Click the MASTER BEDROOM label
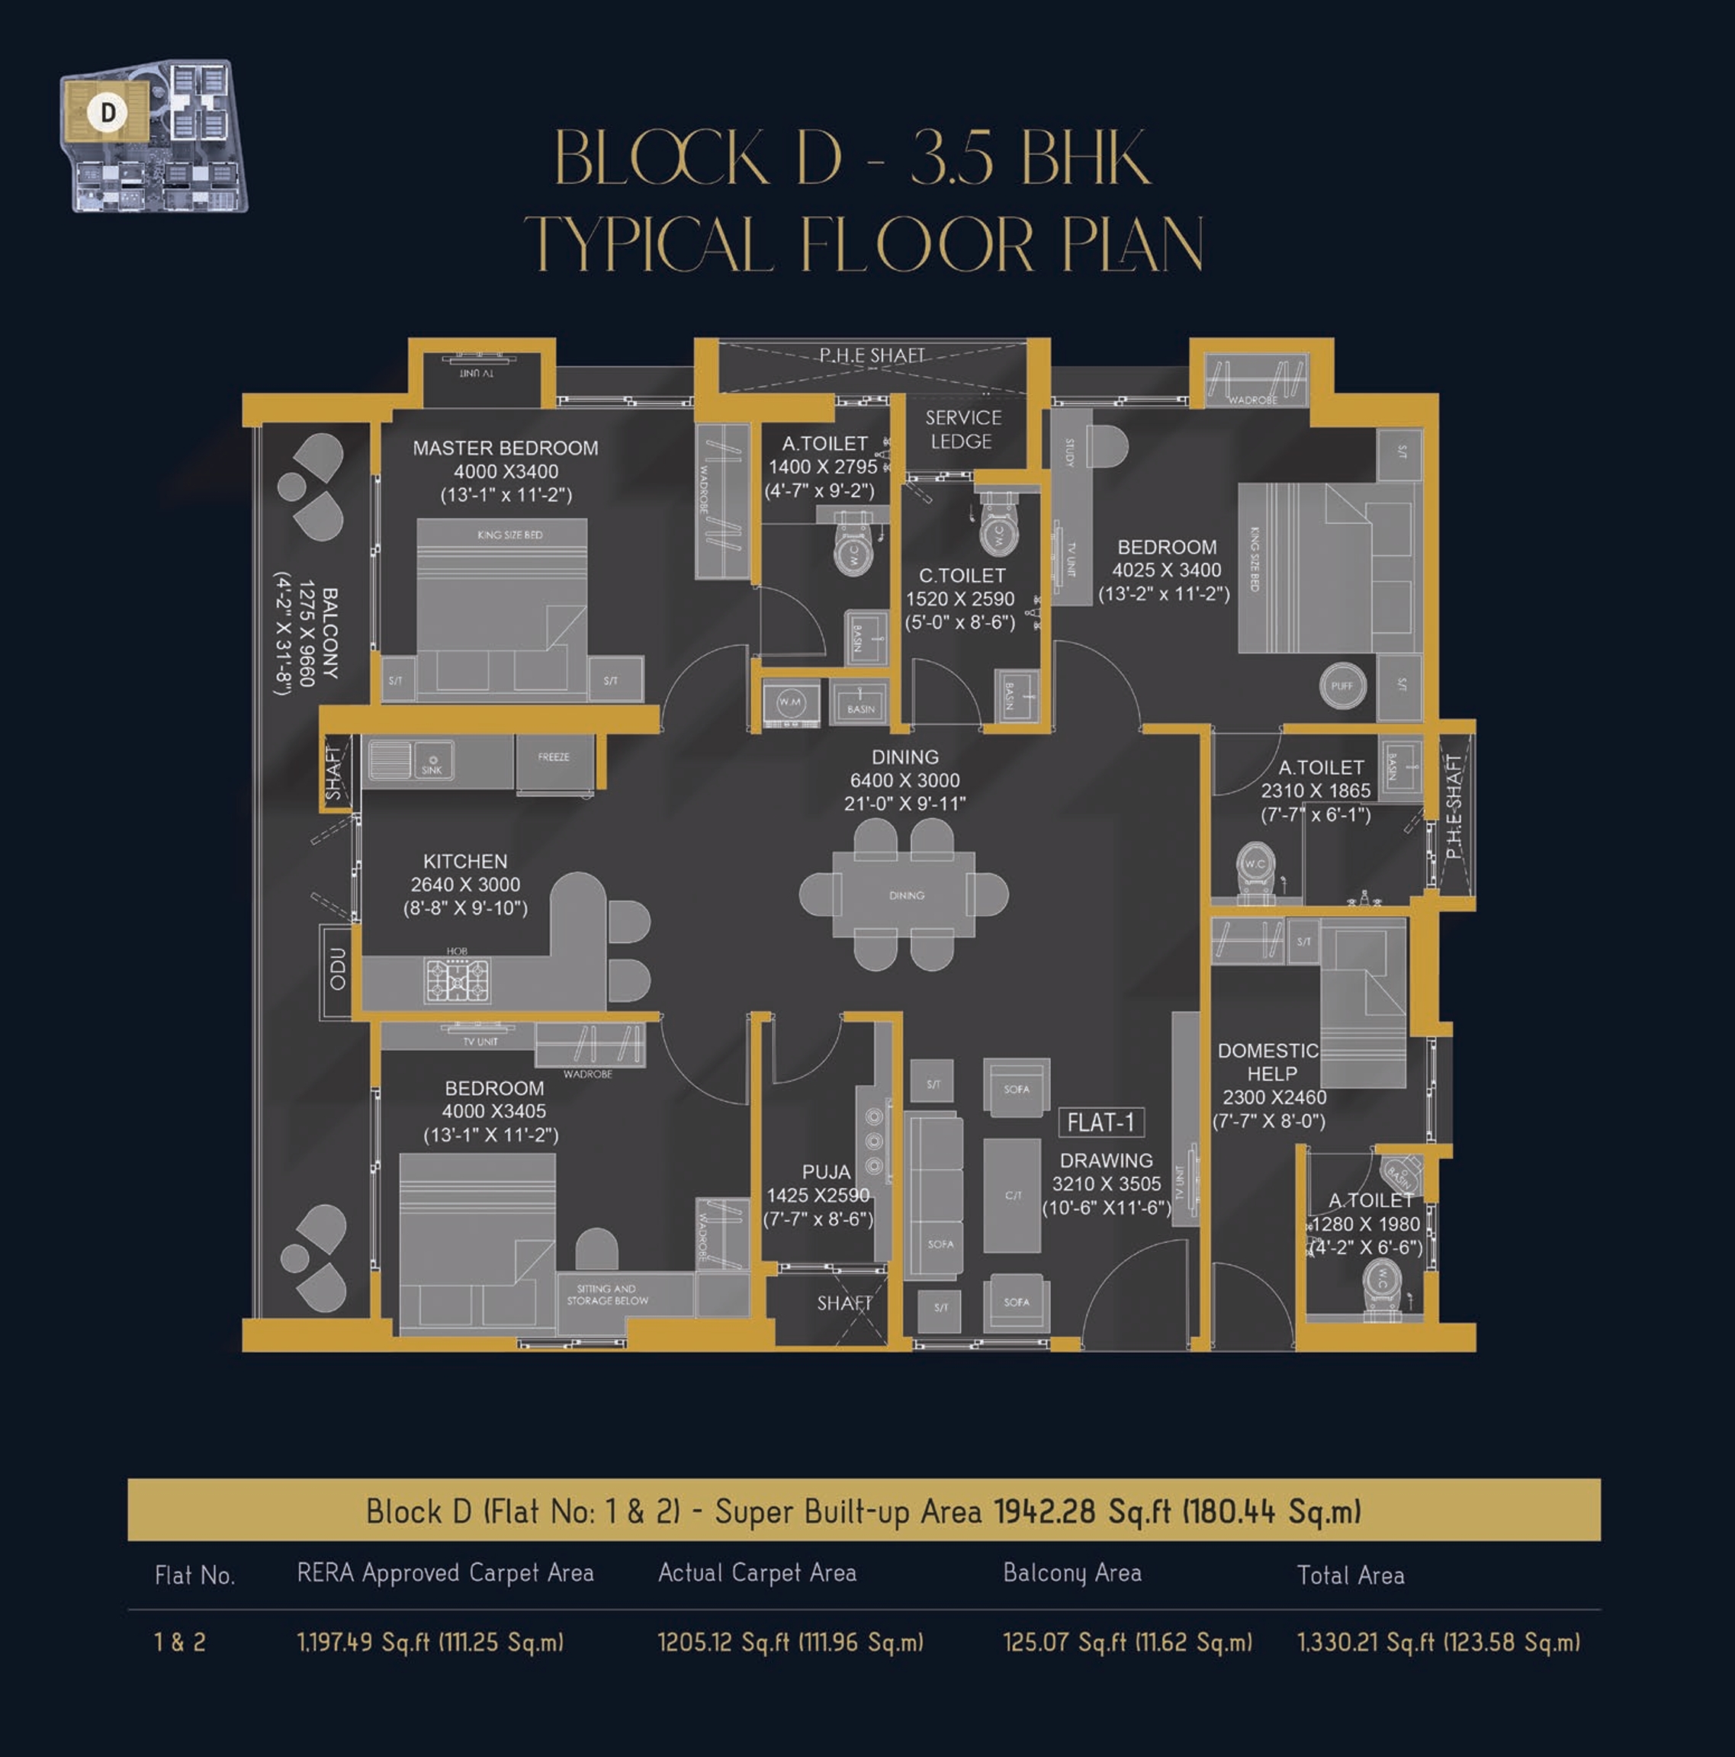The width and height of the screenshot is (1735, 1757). point(505,448)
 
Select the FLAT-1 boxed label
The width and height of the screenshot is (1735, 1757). point(1100,1123)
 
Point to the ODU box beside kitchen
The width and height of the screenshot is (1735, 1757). point(337,969)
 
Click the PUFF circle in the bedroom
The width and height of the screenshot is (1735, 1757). point(1341,686)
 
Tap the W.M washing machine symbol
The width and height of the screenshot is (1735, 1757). point(789,702)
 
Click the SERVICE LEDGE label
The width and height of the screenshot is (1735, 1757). point(962,429)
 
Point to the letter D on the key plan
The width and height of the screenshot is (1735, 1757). point(108,113)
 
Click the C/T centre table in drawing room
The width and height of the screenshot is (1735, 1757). point(1012,1195)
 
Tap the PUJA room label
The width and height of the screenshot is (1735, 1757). point(826,1172)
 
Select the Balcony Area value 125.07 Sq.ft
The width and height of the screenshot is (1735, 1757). point(1126,1643)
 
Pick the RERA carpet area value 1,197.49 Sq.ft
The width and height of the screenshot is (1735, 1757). point(429,1643)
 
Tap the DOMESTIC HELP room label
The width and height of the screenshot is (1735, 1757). point(1270,1062)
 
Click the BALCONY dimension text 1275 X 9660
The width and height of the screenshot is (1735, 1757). point(307,633)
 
